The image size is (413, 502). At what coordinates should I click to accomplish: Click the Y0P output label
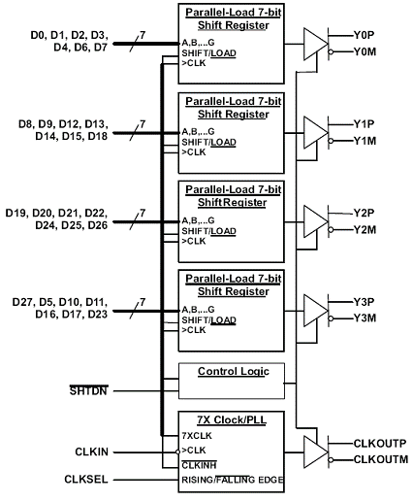click(364, 35)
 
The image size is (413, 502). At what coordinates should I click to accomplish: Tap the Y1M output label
click(365, 141)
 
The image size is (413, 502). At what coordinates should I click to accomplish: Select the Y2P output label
click(364, 214)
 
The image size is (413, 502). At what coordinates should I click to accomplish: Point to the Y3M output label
click(365, 318)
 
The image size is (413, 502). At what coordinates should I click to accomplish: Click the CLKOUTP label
click(380, 444)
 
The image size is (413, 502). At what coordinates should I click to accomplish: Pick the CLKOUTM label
click(381, 459)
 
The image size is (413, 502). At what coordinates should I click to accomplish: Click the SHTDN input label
click(88, 391)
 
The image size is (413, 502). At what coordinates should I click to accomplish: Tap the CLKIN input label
click(91, 452)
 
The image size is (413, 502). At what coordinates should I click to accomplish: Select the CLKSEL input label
click(86, 480)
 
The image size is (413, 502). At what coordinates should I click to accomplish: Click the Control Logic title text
click(234, 371)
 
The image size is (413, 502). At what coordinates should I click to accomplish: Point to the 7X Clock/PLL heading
click(232, 419)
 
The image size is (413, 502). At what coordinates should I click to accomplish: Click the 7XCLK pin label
click(197, 436)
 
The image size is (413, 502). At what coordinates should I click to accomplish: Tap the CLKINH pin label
click(199, 465)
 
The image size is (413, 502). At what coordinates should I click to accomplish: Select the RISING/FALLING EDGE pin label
click(233, 480)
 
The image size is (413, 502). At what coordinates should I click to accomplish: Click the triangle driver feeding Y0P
click(316, 44)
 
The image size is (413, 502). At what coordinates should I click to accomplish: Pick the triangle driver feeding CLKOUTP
click(316, 452)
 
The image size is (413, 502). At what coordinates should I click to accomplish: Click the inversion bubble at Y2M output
click(331, 230)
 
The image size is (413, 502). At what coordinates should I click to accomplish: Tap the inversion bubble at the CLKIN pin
click(177, 452)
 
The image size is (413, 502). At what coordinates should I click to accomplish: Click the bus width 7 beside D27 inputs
click(143, 302)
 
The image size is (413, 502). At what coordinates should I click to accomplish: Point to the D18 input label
click(98, 136)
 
